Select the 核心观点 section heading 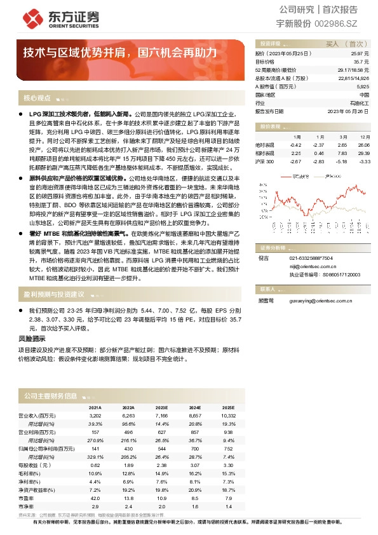[x=37, y=98]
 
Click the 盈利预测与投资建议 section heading [x=54, y=294]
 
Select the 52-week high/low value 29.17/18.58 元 [x=353, y=69]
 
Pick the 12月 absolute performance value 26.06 [x=363, y=145]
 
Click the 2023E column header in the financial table [x=161, y=408]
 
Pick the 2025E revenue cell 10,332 [x=228, y=415]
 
